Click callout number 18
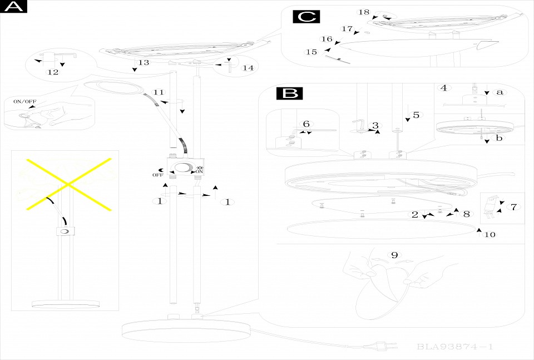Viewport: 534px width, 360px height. coord(364,12)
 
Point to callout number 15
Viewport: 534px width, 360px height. coord(311,52)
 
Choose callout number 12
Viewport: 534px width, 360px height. coord(53,72)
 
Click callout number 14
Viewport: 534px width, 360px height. coord(248,68)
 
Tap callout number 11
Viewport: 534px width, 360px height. coord(159,92)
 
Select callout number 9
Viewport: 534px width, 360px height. coord(394,255)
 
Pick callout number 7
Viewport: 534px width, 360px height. coord(513,207)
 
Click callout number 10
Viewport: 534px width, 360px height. coord(489,234)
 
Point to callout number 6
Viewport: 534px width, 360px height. coord(305,124)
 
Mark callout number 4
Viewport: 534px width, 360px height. coord(443,87)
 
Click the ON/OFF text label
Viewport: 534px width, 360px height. coord(24,102)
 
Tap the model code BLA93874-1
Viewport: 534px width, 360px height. coord(454,347)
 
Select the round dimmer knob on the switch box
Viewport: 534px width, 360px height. coord(182,169)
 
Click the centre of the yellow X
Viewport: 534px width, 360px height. coord(68,183)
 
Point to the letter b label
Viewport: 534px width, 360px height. coord(499,138)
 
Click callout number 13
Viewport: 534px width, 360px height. coord(144,62)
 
